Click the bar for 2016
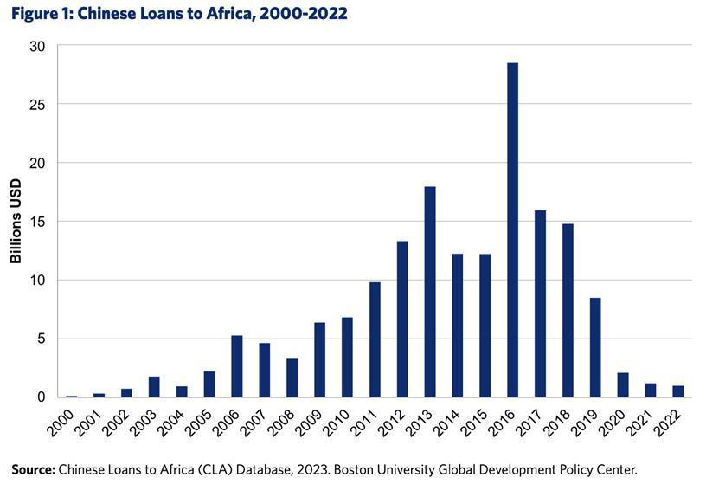point(513,229)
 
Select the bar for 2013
point(430,292)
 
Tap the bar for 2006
point(237,366)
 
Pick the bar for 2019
point(595,347)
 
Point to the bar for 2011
point(375,339)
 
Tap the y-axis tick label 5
point(41,339)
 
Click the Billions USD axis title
point(16,222)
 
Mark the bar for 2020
point(623,384)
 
